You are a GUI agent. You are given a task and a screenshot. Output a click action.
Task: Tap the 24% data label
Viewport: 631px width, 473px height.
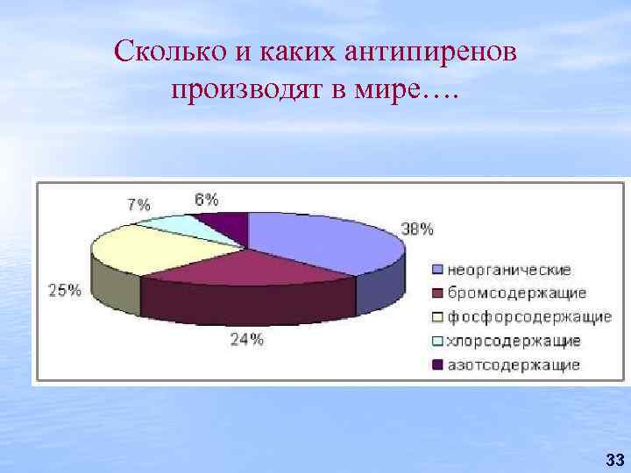pyautogui.click(x=247, y=339)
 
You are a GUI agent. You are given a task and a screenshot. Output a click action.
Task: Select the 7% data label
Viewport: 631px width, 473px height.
pyautogui.click(x=138, y=205)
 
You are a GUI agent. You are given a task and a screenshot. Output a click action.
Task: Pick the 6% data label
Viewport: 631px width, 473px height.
pyautogui.click(x=207, y=199)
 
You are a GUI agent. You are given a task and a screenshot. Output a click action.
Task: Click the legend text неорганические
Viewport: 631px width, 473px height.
pyautogui.click(x=509, y=269)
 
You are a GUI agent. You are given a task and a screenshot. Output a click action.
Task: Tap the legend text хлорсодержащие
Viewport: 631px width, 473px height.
pyautogui.click(x=514, y=341)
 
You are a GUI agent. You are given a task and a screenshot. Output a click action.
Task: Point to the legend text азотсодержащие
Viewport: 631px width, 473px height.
pyautogui.click(x=514, y=364)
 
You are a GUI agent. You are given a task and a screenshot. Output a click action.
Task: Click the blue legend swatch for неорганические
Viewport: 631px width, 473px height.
pyautogui.click(x=436, y=269)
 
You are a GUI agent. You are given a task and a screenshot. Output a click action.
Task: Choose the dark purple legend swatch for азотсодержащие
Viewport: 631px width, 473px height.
pyautogui.click(x=436, y=364)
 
